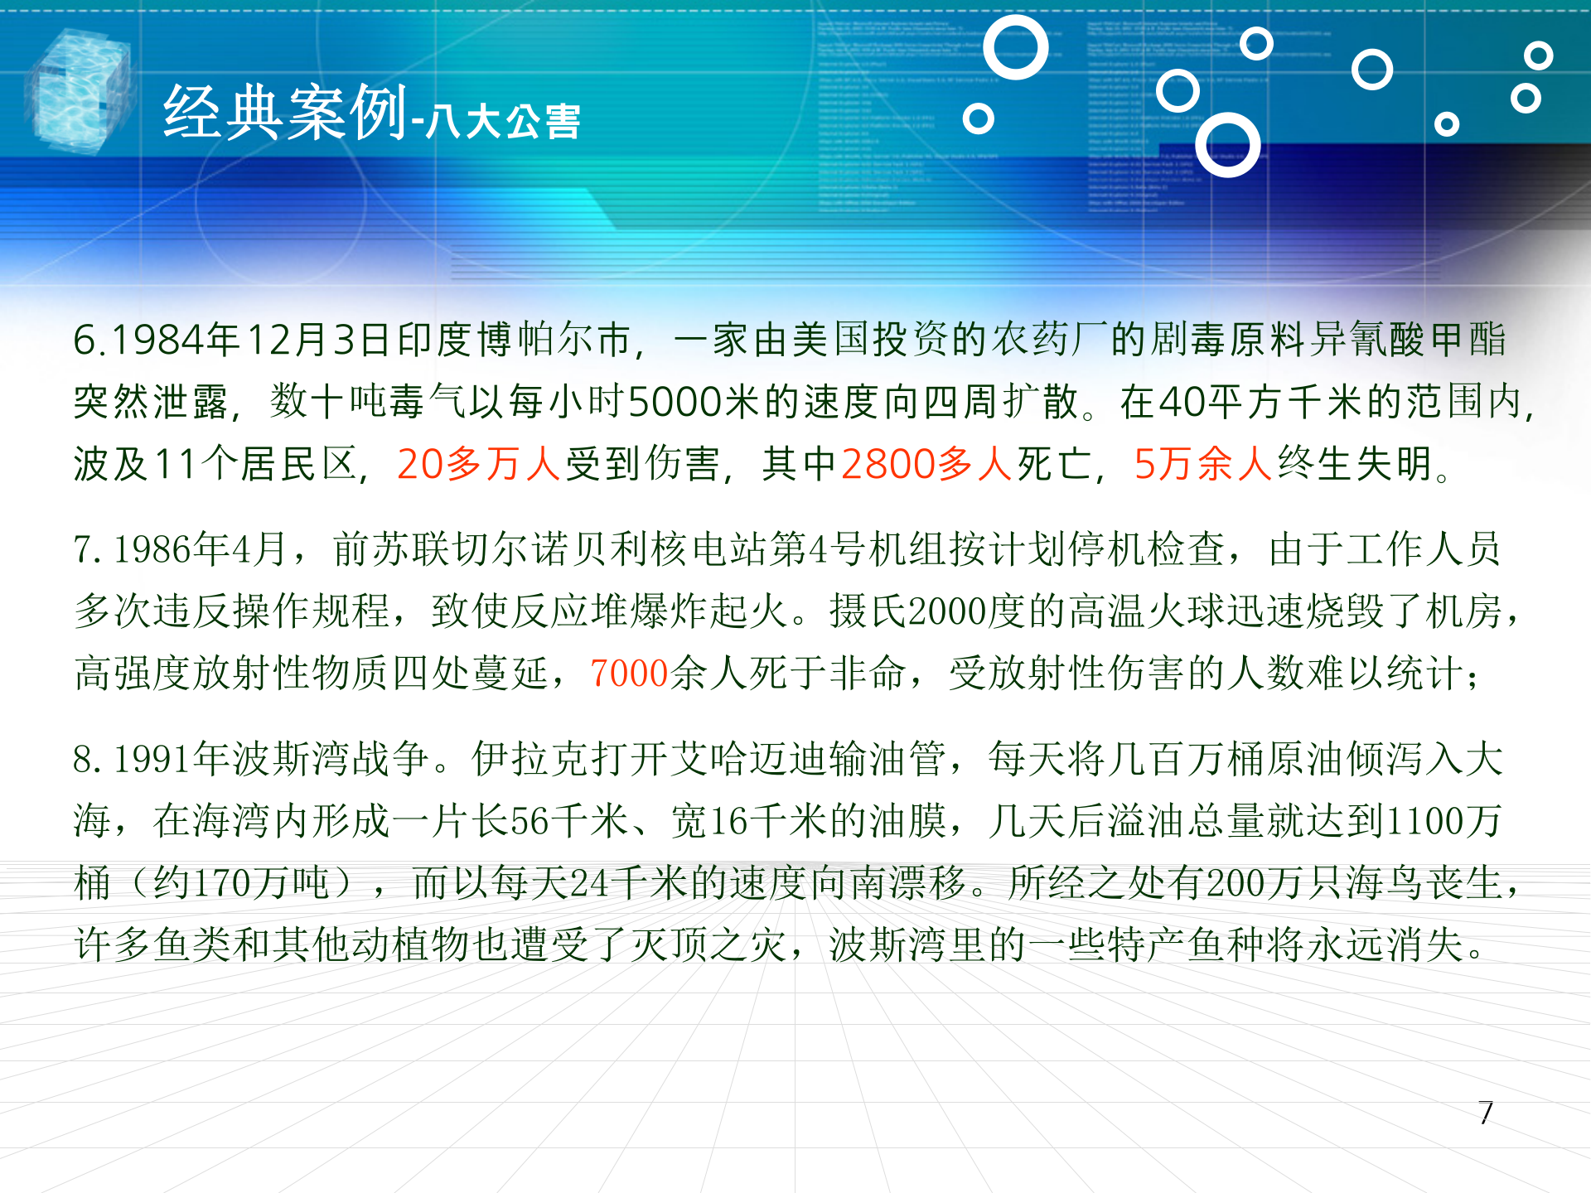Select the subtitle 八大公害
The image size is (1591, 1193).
(504, 122)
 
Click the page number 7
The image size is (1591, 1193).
(1486, 1113)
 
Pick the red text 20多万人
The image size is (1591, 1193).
(479, 464)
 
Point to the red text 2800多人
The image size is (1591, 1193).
(926, 464)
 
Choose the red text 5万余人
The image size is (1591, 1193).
(1202, 464)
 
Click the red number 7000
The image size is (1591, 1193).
(629, 673)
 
